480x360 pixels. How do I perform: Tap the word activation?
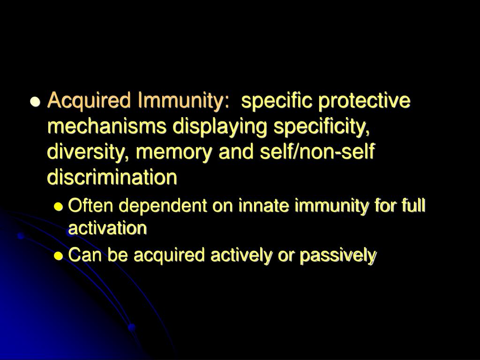click(x=107, y=228)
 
